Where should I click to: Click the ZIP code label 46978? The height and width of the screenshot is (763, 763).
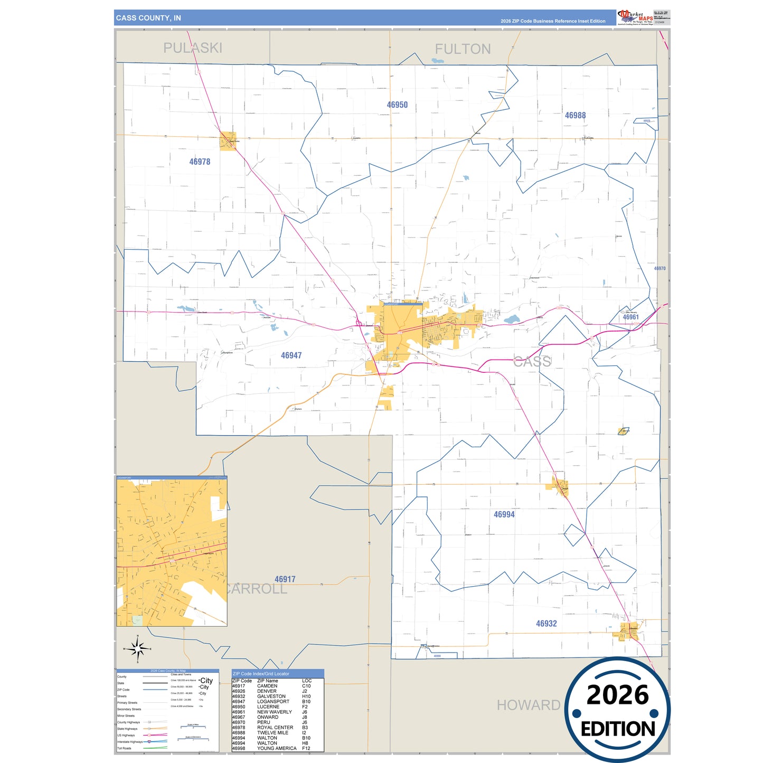tap(200, 162)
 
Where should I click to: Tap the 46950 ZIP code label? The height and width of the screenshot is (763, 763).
tap(397, 105)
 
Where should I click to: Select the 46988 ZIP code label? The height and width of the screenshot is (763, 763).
tap(575, 116)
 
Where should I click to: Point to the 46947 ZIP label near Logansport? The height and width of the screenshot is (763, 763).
tap(291, 355)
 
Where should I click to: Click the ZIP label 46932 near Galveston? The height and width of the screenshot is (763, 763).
tap(546, 624)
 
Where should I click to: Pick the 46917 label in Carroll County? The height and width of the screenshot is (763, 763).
tap(285, 579)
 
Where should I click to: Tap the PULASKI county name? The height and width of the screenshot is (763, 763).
tap(193, 48)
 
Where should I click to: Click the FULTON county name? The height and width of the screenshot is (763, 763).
tap(463, 49)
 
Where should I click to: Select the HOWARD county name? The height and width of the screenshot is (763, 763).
tap(528, 705)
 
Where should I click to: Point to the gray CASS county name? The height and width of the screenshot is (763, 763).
tap(532, 362)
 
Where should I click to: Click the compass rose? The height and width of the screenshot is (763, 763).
tap(137, 648)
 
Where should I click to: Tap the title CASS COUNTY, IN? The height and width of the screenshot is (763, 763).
tap(148, 18)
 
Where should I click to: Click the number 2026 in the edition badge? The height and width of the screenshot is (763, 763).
tap(617, 695)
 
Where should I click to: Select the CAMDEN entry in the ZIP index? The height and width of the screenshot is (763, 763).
tap(267, 686)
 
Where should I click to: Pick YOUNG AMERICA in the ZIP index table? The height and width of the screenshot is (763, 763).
tap(277, 748)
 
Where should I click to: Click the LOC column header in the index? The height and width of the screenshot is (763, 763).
tap(307, 681)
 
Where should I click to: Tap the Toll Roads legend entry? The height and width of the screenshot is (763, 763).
tap(125, 748)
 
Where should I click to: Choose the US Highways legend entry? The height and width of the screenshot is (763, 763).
tap(126, 735)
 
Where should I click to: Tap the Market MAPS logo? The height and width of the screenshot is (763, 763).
tap(635, 17)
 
